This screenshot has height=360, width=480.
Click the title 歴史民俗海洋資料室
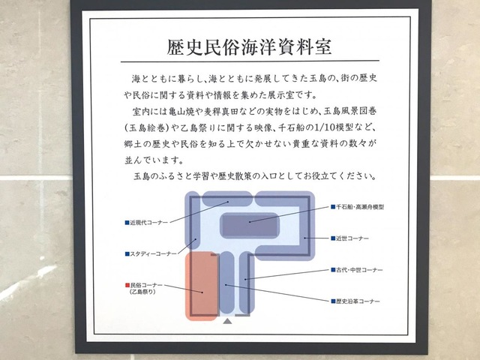pos(249,46)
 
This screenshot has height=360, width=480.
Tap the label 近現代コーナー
pos(149,223)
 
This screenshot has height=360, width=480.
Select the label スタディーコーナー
pos(153,253)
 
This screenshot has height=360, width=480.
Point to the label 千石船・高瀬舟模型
pos(360,207)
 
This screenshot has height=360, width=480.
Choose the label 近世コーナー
pos(352,238)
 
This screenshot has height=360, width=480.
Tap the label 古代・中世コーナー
pos(359,270)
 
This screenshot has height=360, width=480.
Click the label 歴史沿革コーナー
pos(358,301)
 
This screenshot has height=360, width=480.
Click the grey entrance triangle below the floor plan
pos(227,321)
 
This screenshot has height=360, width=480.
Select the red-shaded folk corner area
pos(202,286)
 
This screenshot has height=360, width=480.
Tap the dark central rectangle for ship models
pos(250,226)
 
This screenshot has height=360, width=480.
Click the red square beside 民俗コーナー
pos(127,285)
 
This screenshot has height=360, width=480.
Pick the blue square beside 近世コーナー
pos(333,238)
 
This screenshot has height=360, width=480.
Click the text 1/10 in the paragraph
pos(315,127)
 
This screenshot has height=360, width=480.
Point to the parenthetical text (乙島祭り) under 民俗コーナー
pos(142,292)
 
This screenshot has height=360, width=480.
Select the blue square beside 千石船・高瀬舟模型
pos(333,207)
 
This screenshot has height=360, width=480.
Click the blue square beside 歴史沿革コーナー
pos(333,301)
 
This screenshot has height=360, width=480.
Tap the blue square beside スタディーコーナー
pos(127,253)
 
